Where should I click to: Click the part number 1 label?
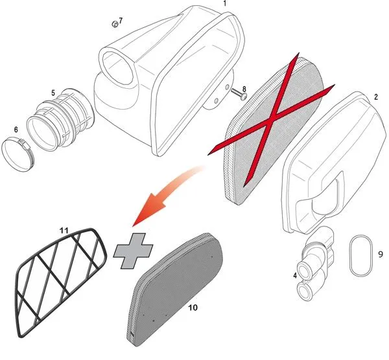[225, 3]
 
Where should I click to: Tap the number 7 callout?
[121, 21]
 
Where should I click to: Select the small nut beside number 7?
[115, 25]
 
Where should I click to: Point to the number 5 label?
[53, 93]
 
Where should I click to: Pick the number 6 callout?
[16, 129]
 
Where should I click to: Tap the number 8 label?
[244, 89]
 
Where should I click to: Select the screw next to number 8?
[239, 94]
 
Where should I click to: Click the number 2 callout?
[376, 97]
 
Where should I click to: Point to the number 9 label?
[381, 254]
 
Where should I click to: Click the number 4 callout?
[295, 275]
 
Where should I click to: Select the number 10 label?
[193, 307]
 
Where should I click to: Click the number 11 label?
[64, 231]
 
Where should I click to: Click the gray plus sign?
[133, 251]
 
